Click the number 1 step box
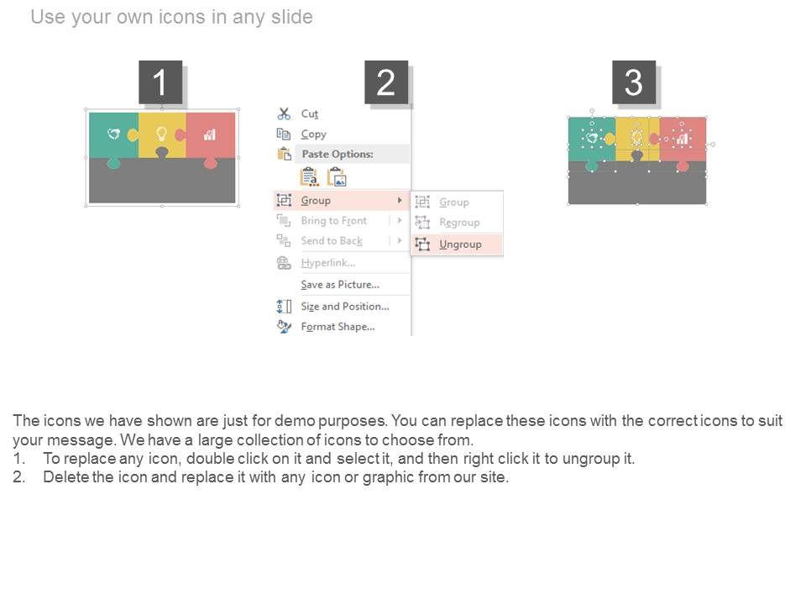160,82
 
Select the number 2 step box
386,82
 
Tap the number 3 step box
634,82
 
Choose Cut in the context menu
310,113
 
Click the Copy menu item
313,134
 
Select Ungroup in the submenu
460,245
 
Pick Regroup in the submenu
459,223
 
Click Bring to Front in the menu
333,221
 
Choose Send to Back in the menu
332,241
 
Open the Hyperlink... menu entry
328,263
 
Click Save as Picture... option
340,285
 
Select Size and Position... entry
345,307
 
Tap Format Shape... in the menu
338,327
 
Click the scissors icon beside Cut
284,113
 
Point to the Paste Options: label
338,154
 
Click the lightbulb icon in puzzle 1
161,134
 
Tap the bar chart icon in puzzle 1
209,134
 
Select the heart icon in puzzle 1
113,134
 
